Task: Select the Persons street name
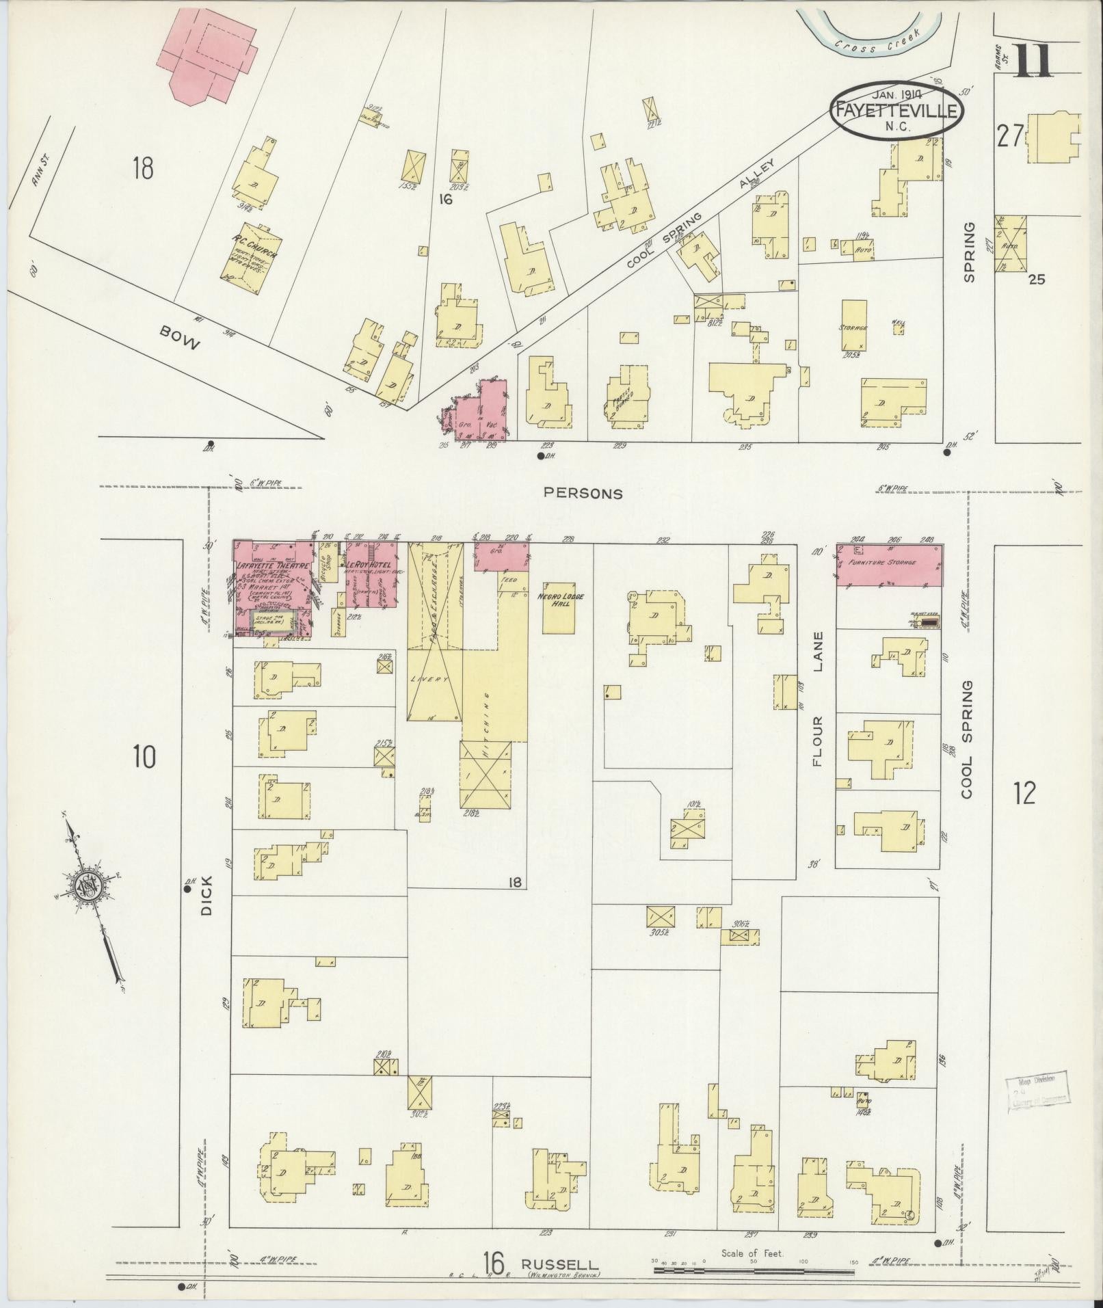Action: pyautogui.click(x=583, y=493)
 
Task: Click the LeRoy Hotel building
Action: pyautogui.click(x=371, y=574)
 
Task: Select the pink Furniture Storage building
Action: pyautogui.click(x=889, y=565)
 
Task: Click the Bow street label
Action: pyautogui.click(x=179, y=338)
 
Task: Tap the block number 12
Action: pyautogui.click(x=1024, y=793)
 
